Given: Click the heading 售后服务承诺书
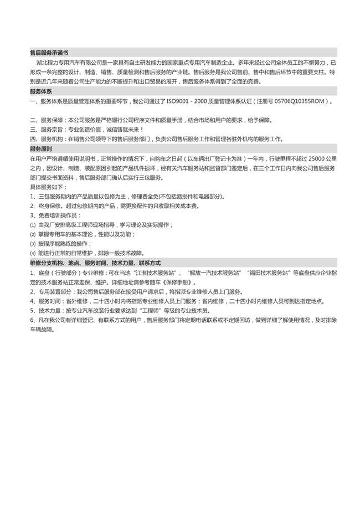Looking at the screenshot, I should click(x=49, y=53).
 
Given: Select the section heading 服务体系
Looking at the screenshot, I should click(x=41, y=91).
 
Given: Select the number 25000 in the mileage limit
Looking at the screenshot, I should click(x=306, y=159).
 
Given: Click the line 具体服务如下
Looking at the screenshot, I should click(x=47, y=187).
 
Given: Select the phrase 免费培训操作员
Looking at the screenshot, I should click(x=57, y=215).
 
